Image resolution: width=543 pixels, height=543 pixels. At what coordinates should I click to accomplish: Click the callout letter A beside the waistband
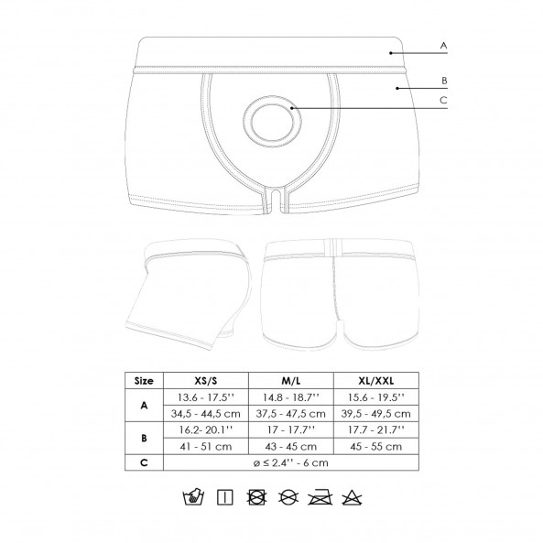coord(443,46)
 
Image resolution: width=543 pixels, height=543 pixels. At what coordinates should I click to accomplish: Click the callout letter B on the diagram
coord(444,81)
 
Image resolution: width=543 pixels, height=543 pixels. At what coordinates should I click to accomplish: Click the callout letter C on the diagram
coord(443,100)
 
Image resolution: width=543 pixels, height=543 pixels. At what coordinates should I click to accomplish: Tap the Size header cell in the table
coord(144,381)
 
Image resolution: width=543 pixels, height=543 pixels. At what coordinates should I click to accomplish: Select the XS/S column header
coord(206,381)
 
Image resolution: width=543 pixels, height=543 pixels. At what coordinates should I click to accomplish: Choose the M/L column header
coord(291,381)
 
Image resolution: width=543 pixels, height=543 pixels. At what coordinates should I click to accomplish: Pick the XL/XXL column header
coord(376,381)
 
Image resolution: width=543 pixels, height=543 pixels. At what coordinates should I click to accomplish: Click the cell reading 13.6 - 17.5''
coord(206,397)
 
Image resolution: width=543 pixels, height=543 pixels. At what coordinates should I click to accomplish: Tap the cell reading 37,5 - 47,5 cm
coord(291,414)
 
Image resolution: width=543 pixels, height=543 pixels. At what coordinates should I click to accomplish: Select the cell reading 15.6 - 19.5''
coord(376,397)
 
